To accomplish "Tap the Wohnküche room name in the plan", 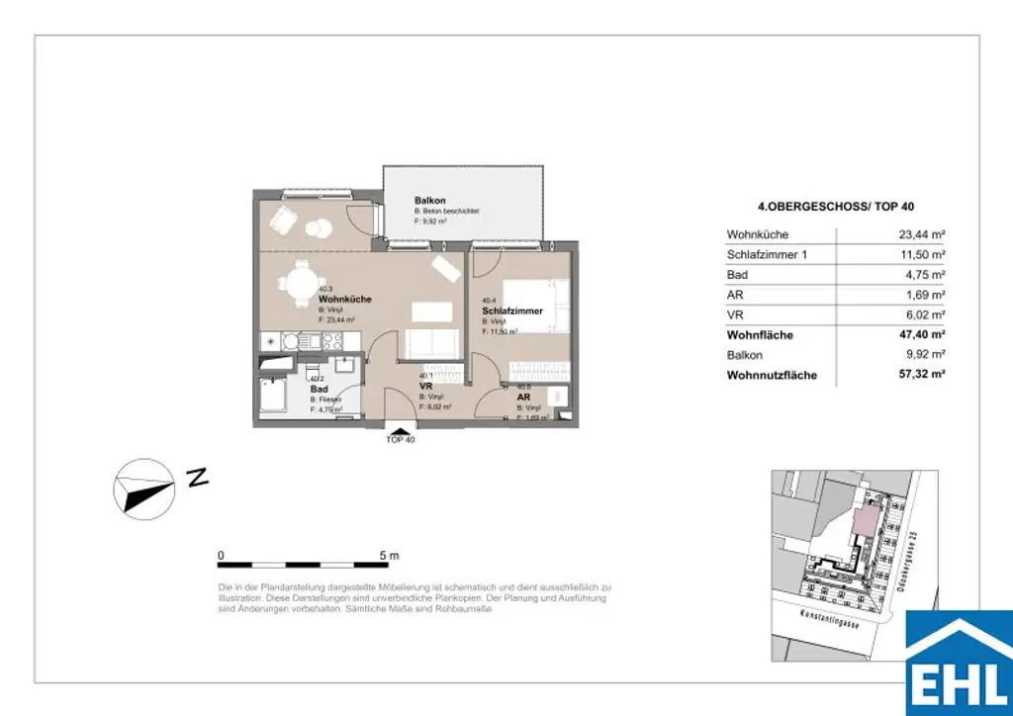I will (x=344, y=299).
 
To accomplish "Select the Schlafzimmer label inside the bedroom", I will (x=512, y=312).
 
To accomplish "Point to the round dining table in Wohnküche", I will (x=298, y=285).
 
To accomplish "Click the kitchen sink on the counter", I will (x=291, y=341).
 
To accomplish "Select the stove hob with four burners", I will (x=333, y=341).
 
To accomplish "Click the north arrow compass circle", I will (x=144, y=487).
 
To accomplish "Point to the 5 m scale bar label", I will (x=387, y=555).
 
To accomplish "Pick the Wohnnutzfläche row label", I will (x=772, y=376).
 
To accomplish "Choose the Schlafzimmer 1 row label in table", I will (x=769, y=255).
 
